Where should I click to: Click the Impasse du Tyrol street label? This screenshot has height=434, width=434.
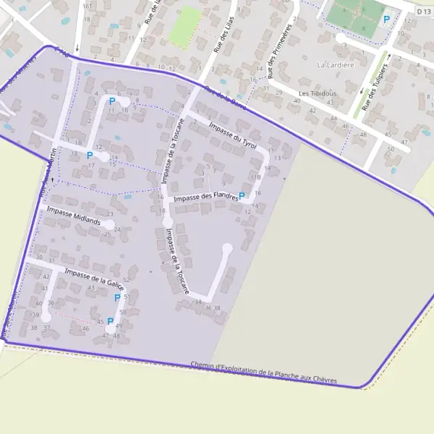(232, 135)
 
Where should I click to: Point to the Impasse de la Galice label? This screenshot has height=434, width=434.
(94, 278)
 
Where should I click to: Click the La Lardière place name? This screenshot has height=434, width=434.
(336, 64)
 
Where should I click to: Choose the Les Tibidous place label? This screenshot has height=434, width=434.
(317, 94)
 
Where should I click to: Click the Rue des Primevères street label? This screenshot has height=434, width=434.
(280, 50)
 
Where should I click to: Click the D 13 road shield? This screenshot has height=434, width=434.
(423, 12)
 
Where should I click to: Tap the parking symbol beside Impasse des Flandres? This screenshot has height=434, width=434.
(242, 196)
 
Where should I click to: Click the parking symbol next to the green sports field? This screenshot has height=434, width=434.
(386, 20)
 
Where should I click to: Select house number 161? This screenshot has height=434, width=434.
(88, 7)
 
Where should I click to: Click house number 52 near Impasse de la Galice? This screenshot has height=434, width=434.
(127, 280)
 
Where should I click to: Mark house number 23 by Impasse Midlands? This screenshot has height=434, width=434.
(110, 214)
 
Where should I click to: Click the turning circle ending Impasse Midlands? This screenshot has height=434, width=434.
(108, 225)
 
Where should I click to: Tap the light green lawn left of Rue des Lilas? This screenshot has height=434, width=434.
(186, 25)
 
